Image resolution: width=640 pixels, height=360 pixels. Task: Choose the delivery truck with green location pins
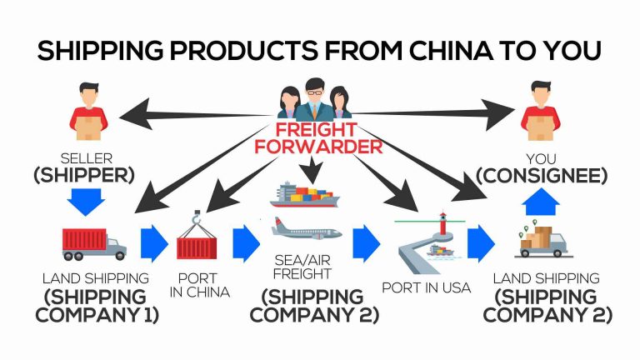point(542,239)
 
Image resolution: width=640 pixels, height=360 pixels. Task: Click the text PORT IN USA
point(426,288)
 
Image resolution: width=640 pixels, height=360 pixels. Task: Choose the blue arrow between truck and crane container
point(153,242)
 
